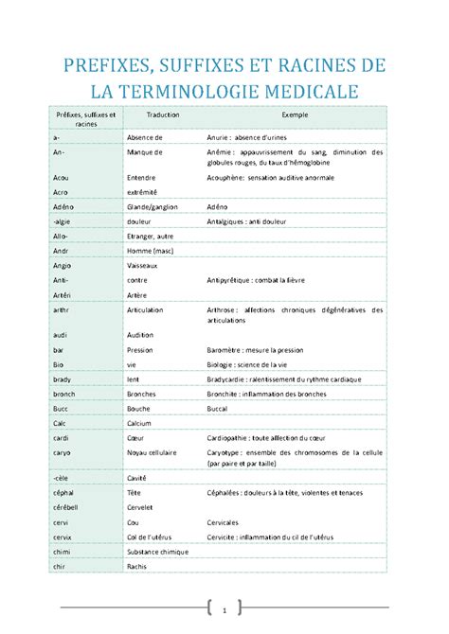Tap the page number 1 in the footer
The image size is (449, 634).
[x=224, y=608]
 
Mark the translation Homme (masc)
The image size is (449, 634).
[x=151, y=251]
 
